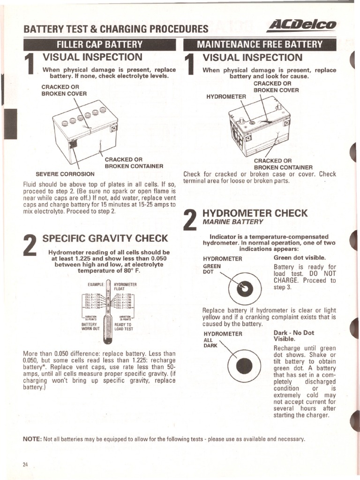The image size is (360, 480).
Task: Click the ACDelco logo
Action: click(x=307, y=25)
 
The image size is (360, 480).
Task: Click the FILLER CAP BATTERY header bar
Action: click(x=99, y=45)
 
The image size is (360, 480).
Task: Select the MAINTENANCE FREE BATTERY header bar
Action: click(x=260, y=45)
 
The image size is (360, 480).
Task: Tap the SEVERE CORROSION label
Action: click(x=65, y=174)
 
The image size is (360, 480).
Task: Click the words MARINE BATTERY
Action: click(x=233, y=222)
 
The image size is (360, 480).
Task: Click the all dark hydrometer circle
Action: click(x=244, y=366)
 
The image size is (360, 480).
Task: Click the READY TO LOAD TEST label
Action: click(x=124, y=326)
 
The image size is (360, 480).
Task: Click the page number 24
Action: click(x=25, y=465)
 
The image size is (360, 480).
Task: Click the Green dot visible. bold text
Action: click(x=299, y=258)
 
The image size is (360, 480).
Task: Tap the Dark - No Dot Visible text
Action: click(x=293, y=335)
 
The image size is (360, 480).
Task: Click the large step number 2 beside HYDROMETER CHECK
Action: click(x=190, y=220)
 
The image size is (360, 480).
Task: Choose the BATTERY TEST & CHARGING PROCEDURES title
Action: click(x=115, y=29)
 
